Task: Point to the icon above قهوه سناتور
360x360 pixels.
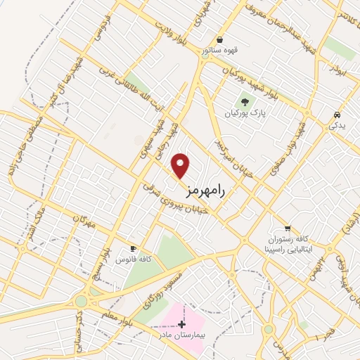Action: (221, 40)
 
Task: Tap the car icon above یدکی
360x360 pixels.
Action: (337, 115)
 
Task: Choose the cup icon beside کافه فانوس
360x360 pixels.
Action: (133, 249)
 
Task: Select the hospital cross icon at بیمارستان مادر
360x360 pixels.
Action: (182, 324)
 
